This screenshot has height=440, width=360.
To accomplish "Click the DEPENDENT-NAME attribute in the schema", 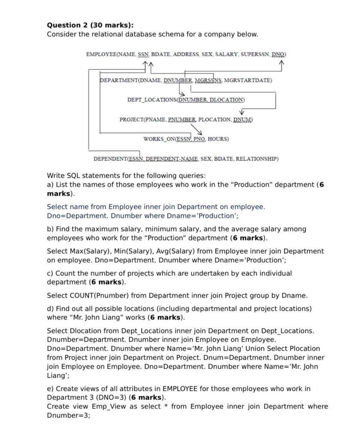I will pos(171,159).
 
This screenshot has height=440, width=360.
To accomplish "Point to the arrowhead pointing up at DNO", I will pos(282,64).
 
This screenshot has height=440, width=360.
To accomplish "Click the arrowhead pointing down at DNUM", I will pos(242,112).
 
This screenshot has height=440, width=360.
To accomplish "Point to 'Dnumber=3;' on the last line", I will pos(68,416).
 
